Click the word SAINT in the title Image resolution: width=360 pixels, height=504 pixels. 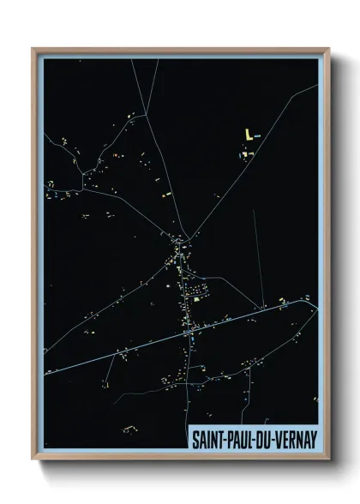(207, 437)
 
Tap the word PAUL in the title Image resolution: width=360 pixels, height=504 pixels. (245, 437)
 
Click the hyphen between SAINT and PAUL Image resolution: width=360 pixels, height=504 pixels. (228, 437)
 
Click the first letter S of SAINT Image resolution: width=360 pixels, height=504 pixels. (194, 437)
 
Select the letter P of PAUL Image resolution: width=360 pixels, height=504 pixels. (235, 437)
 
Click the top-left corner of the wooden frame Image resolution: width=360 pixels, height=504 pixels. (33, 49)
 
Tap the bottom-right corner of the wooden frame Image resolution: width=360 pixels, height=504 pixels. (329, 460)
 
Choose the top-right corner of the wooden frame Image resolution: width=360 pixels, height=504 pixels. (329, 49)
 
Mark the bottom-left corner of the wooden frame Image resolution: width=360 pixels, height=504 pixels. (33, 460)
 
